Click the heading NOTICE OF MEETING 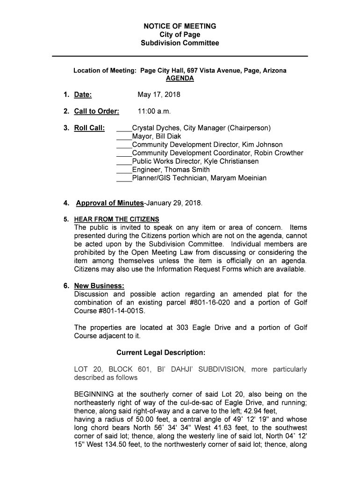coord(180,26)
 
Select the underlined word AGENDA coord(180,79)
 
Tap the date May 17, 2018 coord(158,95)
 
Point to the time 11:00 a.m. coord(154,111)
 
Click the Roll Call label coord(89,128)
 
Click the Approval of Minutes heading coord(110,203)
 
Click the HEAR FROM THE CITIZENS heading coord(116,219)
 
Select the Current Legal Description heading coord(161,352)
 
